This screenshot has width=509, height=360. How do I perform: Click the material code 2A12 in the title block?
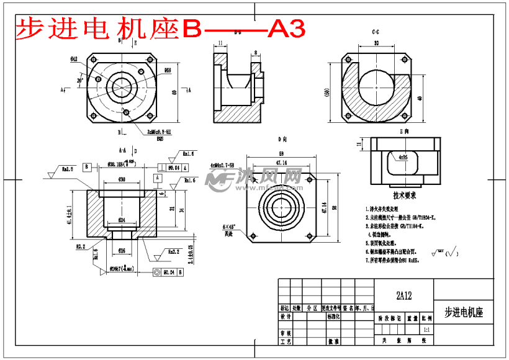404,296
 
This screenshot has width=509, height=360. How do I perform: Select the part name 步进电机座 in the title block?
464,312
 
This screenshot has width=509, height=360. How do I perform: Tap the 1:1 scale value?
425,330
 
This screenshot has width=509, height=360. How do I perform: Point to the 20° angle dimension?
80,80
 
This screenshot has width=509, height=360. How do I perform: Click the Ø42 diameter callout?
74,59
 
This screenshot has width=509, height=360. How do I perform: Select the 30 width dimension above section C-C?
376,43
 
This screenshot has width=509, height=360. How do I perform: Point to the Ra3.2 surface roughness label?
173,253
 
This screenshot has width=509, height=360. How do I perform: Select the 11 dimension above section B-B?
220,43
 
